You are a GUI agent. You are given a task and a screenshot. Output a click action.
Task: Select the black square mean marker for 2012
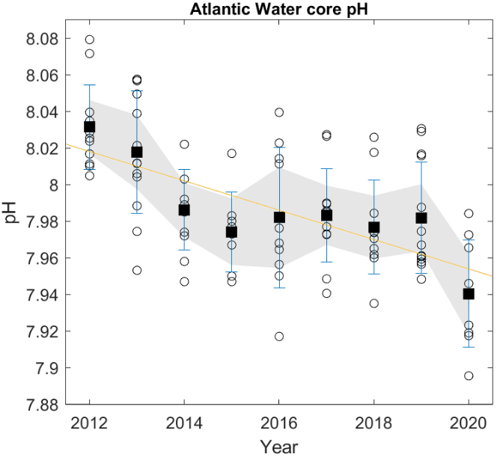[90, 127]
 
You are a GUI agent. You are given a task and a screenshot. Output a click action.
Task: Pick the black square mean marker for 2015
[231, 232]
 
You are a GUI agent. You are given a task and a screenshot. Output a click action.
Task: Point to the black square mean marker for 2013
[137, 152]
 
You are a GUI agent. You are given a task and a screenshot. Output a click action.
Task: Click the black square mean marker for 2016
[279, 218]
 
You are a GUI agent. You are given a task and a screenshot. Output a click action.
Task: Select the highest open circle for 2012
[90, 40]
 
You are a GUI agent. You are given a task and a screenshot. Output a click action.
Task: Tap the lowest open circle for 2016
[279, 337]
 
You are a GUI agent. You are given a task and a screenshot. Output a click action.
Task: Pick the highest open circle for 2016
[279, 112]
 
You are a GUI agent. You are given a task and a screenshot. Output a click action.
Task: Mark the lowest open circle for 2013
[137, 270]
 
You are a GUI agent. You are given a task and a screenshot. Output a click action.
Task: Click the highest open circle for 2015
[231, 153]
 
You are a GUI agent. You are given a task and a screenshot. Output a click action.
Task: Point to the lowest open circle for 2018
[374, 303]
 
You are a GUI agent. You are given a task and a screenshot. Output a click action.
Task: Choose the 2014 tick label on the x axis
[184, 423]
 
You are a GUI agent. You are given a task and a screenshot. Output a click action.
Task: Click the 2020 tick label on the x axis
[469, 423]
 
